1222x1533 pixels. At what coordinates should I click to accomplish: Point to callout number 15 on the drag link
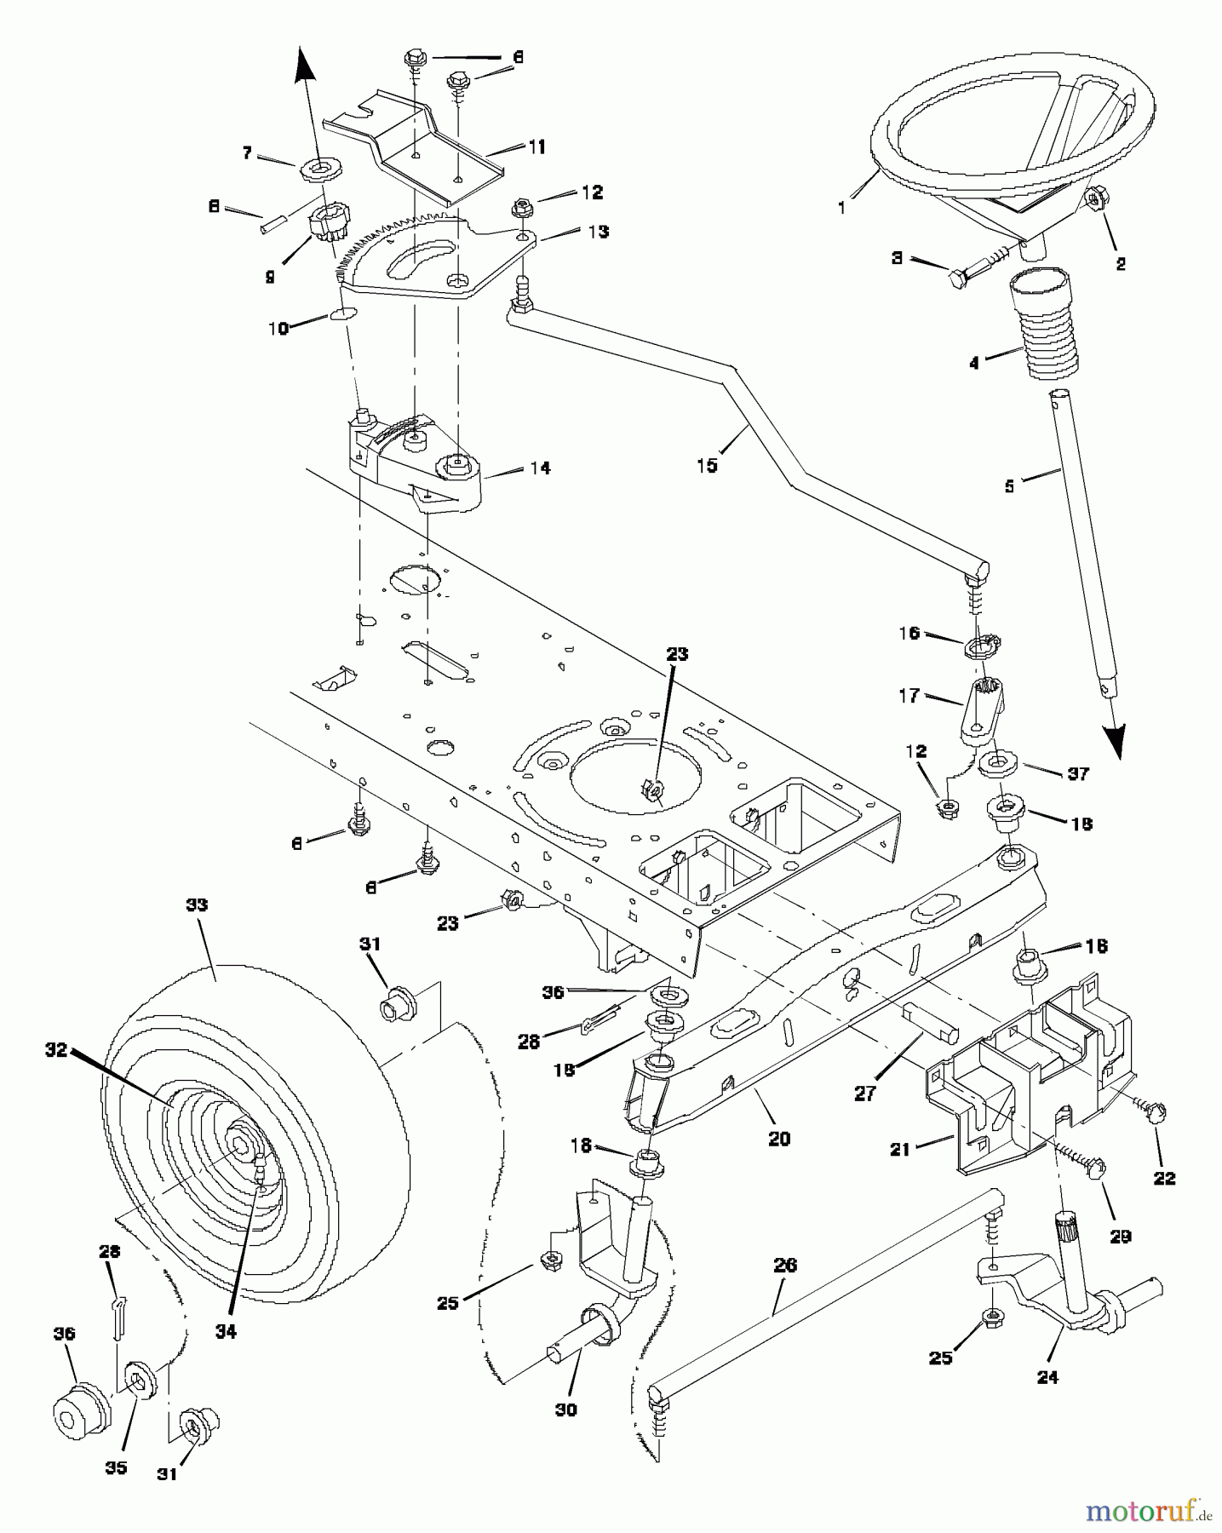[x=707, y=466]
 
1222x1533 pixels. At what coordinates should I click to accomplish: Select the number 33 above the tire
[x=197, y=905]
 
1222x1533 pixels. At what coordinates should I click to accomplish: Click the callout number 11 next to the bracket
[x=536, y=146]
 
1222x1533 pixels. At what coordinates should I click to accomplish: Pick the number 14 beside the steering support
[x=540, y=468]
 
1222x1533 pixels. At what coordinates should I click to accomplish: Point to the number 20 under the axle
[x=779, y=1139]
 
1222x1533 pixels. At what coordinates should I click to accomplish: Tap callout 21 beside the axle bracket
[x=900, y=1149]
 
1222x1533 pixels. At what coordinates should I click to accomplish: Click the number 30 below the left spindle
[x=565, y=1410]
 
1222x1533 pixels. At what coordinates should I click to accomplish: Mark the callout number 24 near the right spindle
[x=1047, y=1377]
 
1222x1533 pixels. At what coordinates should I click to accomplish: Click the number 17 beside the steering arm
[x=909, y=696]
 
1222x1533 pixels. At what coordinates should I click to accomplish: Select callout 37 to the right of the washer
[x=1079, y=774]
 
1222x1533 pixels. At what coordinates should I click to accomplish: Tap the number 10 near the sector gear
[x=279, y=328]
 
